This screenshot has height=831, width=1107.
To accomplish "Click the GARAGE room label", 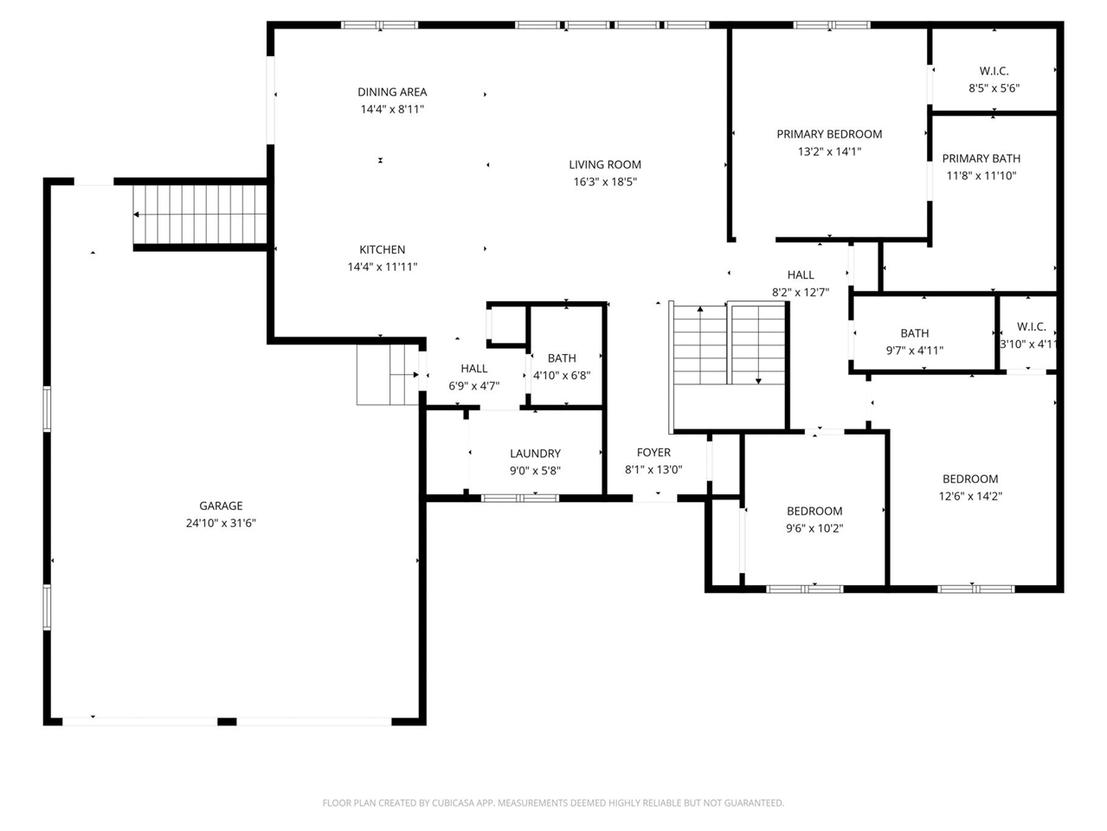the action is click(221, 506).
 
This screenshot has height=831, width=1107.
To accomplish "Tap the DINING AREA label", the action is click(392, 93).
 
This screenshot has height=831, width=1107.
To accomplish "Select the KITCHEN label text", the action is click(383, 249).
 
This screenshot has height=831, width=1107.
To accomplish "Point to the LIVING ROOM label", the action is click(605, 164).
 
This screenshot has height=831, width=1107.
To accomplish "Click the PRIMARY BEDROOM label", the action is click(830, 135).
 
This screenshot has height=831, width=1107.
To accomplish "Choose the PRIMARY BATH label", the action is click(981, 158).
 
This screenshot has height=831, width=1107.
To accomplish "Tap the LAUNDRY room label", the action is click(535, 454).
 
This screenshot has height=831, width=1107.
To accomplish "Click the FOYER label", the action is click(653, 453).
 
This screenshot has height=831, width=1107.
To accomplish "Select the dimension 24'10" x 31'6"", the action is click(221, 524).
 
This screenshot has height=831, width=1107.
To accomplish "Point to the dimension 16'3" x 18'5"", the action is click(605, 182).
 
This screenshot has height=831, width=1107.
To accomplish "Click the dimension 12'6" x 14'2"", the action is click(970, 496).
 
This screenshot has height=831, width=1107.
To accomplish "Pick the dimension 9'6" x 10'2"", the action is click(814, 528).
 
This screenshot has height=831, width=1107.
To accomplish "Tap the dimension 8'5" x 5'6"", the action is click(994, 88).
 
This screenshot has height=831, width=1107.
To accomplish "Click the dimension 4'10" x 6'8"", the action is click(562, 376).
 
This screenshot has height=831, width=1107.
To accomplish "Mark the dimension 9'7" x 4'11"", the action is click(915, 351).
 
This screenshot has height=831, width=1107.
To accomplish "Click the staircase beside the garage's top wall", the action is click(200, 215).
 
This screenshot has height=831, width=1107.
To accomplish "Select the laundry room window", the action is click(520, 499).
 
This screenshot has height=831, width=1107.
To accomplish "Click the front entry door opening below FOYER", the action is click(654, 499).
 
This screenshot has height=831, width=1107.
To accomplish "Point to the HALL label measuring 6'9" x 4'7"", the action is click(474, 369).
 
